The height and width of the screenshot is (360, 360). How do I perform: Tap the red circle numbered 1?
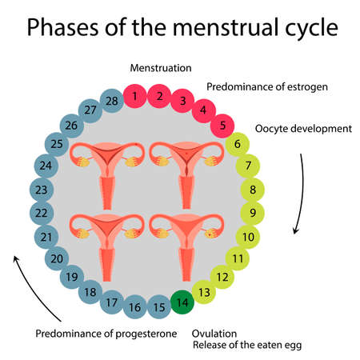pyautogui.click(x=135, y=97)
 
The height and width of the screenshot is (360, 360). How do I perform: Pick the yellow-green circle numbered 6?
pyautogui.click(x=238, y=145)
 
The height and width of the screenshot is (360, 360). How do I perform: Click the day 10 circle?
pyautogui.click(x=249, y=237)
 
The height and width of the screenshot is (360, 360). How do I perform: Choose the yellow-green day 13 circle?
pyautogui.click(x=206, y=293)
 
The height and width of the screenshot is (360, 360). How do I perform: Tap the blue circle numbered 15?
pyautogui.click(x=160, y=306)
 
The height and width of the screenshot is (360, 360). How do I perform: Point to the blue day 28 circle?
pyautogui.click(x=111, y=101)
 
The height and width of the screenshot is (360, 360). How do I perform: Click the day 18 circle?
pyautogui.click(x=90, y=292)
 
